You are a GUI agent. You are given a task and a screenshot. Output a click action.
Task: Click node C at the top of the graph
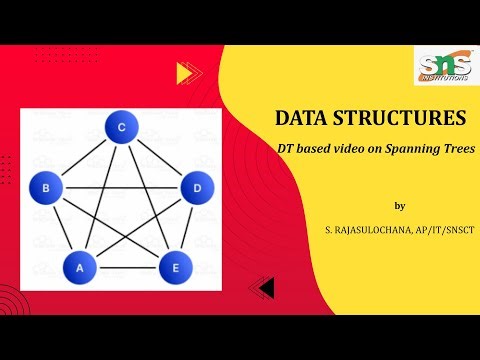121,128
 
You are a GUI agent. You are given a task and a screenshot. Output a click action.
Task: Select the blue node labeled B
45,186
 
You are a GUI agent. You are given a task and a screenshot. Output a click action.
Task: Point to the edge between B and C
83,157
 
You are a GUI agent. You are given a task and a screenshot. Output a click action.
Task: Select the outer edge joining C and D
158,157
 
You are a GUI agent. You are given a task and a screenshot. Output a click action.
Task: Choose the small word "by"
400,206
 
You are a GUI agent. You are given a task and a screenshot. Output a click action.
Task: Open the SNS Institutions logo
441,65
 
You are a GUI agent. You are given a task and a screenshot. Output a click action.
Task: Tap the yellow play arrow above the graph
183,72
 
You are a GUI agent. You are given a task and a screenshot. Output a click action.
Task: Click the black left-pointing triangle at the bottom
264,288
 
